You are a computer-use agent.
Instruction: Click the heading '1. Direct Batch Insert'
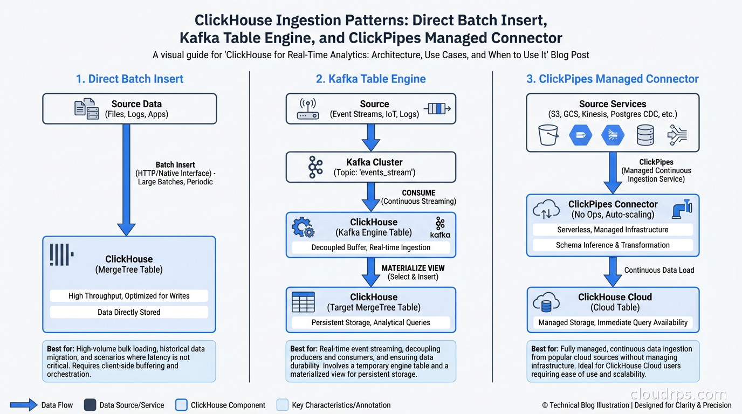(x=129, y=79)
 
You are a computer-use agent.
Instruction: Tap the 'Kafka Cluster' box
(x=370, y=167)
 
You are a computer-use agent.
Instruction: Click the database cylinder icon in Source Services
(x=645, y=135)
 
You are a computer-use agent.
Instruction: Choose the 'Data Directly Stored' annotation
(x=129, y=312)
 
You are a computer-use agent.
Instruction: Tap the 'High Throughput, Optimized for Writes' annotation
(x=129, y=295)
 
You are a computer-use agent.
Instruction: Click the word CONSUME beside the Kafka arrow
(x=418, y=192)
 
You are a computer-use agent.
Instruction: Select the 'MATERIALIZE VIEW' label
(x=413, y=268)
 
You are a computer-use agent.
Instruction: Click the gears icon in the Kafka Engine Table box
(x=303, y=227)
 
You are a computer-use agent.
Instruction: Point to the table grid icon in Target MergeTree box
(x=303, y=302)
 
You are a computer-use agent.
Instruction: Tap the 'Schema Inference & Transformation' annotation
(x=613, y=245)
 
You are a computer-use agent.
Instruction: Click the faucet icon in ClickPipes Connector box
(x=682, y=209)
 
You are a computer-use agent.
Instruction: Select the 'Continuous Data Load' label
(x=659, y=270)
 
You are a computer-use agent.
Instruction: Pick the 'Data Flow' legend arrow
(x=24, y=405)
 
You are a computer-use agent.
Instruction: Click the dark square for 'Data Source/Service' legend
(x=90, y=405)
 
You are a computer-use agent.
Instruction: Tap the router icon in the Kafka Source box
(x=308, y=109)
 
